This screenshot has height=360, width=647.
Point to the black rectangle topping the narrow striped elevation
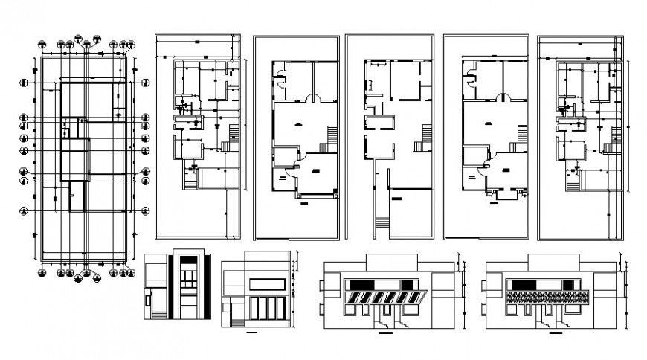(x=189, y=260)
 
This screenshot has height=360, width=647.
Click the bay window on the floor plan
(x=503, y=195)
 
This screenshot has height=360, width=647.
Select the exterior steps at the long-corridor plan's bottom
(x=381, y=222)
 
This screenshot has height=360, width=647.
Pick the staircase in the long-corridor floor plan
(x=427, y=134)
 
